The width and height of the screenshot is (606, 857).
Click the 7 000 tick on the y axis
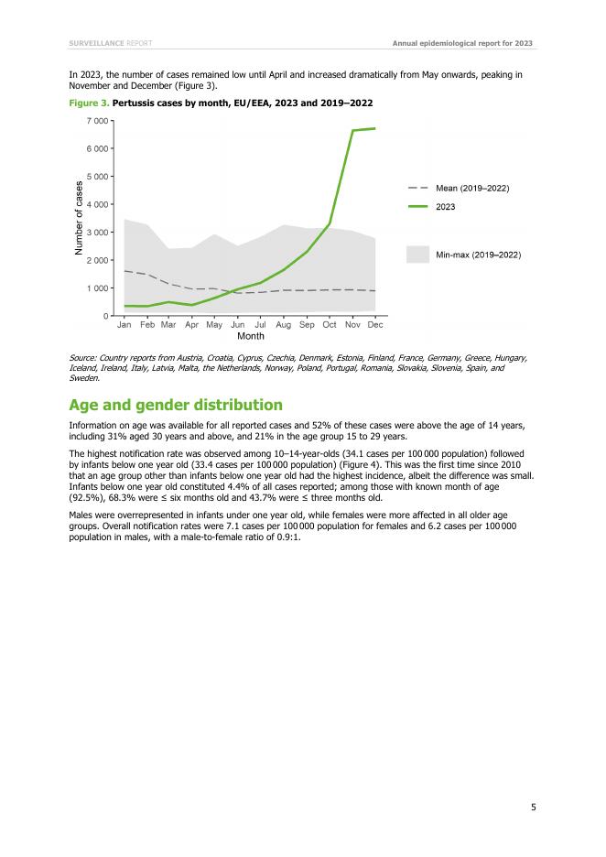pyautogui.click(x=99, y=120)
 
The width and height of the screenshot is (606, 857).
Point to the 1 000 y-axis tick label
pyautogui.click(x=99, y=288)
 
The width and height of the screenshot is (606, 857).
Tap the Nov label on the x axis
pyautogui.click(x=352, y=325)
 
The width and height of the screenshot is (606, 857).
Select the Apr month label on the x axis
pyautogui.click(x=191, y=325)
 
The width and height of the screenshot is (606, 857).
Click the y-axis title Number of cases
pyautogui.click(x=80, y=218)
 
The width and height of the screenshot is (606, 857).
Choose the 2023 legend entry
pyautogui.click(x=445, y=207)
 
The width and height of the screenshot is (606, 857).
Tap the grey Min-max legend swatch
pyautogui.click(x=417, y=254)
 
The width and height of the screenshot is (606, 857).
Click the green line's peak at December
pyautogui.click(x=375, y=128)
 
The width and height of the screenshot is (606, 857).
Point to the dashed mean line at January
pyautogui.click(x=124, y=271)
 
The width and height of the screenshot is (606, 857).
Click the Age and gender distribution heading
pyautogui.click(x=176, y=406)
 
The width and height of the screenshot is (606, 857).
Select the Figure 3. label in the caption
pyautogui.click(x=89, y=101)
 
